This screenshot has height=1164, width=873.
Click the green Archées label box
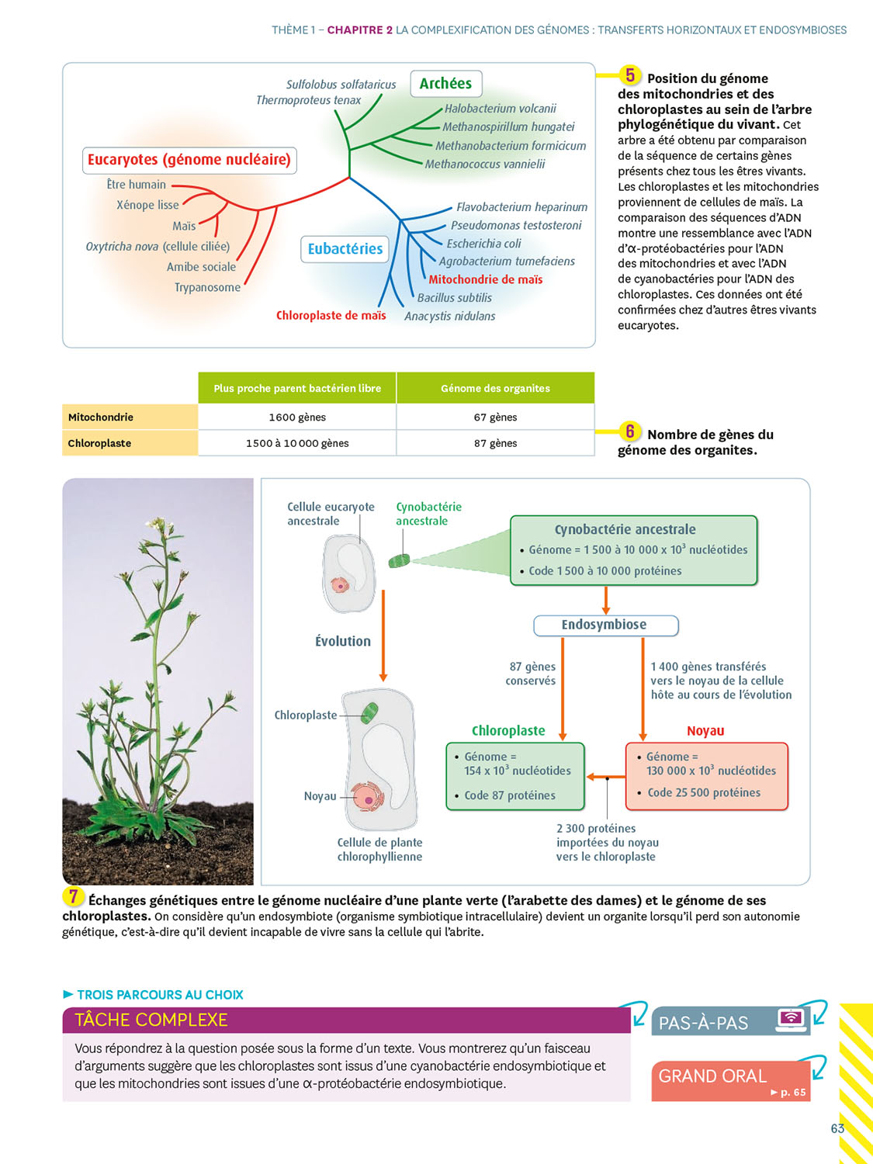(445, 84)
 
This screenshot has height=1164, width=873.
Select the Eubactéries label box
(345, 249)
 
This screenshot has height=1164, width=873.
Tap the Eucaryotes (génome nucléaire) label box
(189, 160)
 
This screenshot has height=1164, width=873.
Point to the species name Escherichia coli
(483, 244)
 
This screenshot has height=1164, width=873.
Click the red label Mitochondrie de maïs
(485, 279)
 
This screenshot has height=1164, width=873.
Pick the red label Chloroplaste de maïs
(331, 316)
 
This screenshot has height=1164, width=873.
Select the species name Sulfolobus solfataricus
(341, 85)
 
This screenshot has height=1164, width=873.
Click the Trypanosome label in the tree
(207, 287)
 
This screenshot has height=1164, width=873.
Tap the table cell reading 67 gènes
(495, 417)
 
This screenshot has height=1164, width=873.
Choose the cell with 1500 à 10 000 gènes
(297, 443)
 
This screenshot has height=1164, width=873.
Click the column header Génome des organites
(495, 388)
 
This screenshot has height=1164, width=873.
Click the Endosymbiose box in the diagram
(605, 625)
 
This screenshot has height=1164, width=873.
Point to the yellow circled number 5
(630, 75)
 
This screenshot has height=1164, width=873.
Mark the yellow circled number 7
(73, 896)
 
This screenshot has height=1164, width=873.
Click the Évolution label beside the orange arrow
(342, 642)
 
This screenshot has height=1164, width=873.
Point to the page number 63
(837, 1128)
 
